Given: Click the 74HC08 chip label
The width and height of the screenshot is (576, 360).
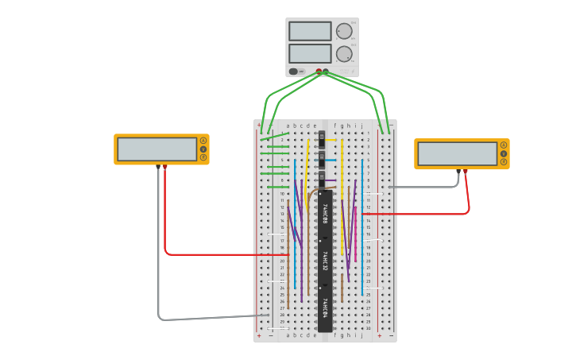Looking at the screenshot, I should (325, 213).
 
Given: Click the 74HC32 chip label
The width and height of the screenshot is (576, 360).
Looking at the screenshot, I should (325, 261).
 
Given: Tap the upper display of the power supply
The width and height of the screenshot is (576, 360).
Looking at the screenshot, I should (310, 31).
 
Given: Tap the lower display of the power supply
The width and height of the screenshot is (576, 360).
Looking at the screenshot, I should (310, 53).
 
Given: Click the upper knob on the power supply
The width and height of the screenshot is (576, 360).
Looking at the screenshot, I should (344, 31).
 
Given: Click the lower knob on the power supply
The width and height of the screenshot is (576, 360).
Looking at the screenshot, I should (344, 53).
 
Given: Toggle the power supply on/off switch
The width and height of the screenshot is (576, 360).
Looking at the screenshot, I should (294, 72).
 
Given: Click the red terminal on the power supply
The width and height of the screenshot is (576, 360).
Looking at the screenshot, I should (319, 72).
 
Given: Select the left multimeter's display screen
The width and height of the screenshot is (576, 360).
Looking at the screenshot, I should (157, 149).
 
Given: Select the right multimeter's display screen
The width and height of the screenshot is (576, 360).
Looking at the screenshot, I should (457, 153).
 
